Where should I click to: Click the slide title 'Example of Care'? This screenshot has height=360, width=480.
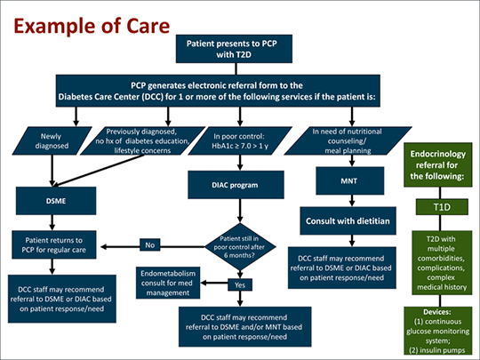point(92,27)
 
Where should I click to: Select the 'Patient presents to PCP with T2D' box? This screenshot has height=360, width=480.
point(234,49)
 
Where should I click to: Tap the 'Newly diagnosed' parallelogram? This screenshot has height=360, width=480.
point(52,140)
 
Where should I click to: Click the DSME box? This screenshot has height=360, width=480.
point(56,201)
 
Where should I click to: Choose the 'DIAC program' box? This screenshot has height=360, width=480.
point(236,185)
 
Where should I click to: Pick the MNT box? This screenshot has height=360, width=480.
point(350,181)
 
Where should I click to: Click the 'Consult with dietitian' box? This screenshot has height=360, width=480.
point(348,220)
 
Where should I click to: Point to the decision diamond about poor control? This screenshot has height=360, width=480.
point(240,247)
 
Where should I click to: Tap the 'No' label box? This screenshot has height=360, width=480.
point(149,245)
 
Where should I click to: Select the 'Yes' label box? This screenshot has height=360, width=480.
point(240,284)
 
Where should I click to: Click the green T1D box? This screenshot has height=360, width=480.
point(442,207)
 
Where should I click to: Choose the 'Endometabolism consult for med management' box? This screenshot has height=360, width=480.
point(168,283)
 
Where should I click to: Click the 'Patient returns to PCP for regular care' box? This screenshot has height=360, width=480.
point(54,245)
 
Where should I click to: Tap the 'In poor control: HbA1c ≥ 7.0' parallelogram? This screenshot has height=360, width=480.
point(240,140)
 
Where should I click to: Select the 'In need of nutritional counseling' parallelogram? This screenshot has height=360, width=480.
point(348,140)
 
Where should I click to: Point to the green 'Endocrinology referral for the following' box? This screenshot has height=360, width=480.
point(437,164)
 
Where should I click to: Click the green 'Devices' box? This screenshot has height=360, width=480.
point(437,331)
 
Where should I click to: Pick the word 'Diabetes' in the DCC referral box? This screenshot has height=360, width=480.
point(73,97)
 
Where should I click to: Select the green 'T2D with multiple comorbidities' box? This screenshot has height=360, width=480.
point(442,262)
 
